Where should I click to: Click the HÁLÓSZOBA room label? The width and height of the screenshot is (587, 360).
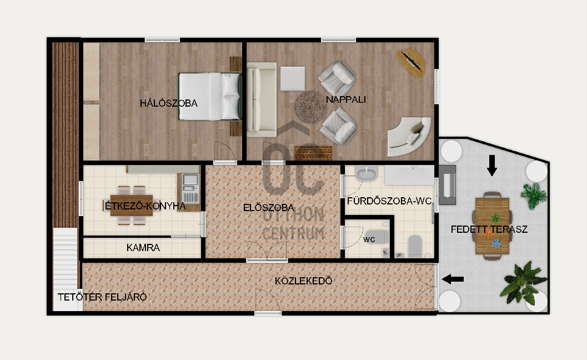(x=168, y=103)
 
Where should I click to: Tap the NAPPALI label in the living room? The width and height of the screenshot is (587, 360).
(x=345, y=99)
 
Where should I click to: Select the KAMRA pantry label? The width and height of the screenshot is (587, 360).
(x=143, y=248)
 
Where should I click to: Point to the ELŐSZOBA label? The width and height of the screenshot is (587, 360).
(x=268, y=208)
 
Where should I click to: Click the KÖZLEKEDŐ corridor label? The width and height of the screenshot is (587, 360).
(x=303, y=281)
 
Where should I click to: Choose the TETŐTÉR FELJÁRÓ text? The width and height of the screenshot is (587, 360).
(x=102, y=297)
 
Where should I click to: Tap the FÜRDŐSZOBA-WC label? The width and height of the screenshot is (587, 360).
(x=389, y=201)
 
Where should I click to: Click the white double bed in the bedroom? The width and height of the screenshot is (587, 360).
(x=209, y=96)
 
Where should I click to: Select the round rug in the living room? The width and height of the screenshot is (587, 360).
(x=311, y=107)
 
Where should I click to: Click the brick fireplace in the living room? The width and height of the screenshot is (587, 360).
(x=313, y=152)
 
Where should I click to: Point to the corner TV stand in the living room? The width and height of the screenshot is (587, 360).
(x=411, y=62)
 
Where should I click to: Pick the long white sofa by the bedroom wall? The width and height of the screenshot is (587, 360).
(x=262, y=99)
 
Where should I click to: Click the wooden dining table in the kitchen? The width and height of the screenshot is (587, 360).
(x=132, y=206)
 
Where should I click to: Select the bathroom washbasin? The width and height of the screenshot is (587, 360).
(x=367, y=174)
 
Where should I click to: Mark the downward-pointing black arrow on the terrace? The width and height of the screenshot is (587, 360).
(x=492, y=165)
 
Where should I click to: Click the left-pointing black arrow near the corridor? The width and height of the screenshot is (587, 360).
(x=453, y=279)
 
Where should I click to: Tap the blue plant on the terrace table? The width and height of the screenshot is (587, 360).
(x=496, y=243)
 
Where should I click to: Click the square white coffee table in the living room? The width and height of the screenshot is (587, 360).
(x=292, y=79)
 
